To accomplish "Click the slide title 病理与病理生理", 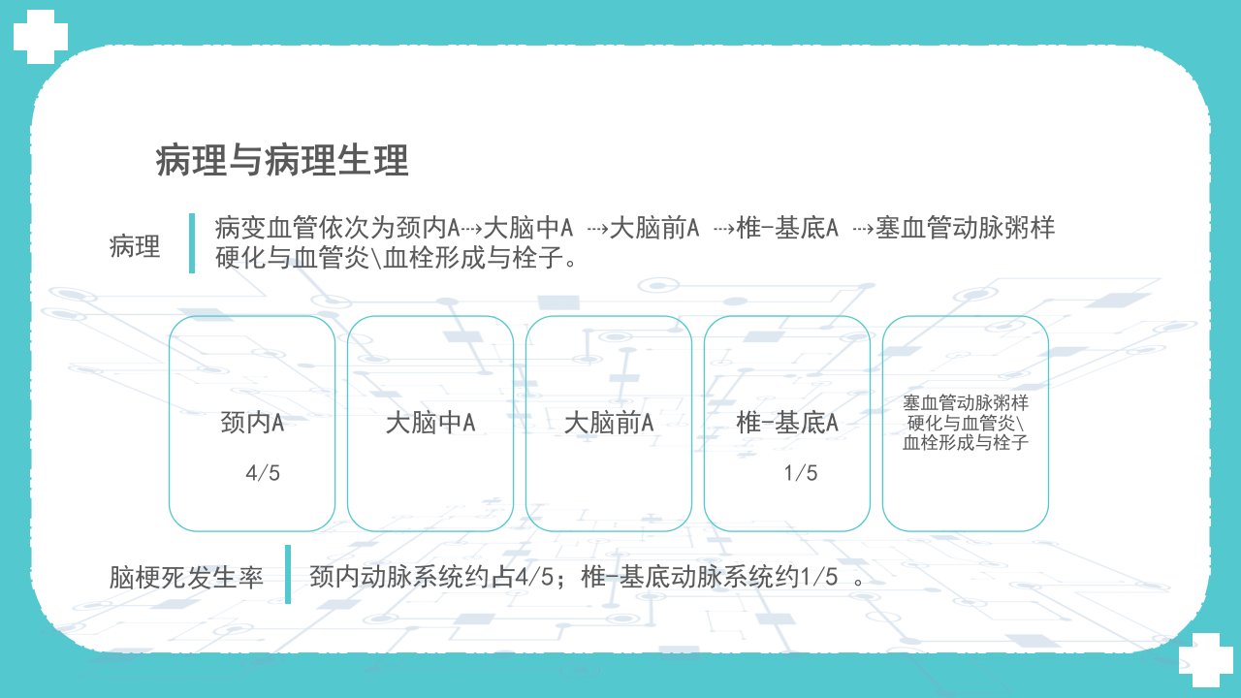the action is (x=282, y=161).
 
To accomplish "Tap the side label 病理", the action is (x=135, y=246).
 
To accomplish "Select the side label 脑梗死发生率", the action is (x=186, y=577).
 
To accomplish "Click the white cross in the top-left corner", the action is (x=41, y=37).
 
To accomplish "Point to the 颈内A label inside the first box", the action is (x=253, y=423).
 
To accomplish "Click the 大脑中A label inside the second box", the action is (x=430, y=423).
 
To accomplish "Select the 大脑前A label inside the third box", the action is (x=609, y=423).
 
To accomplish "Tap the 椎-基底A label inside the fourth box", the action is (x=787, y=423).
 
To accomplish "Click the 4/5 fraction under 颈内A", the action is (x=263, y=473).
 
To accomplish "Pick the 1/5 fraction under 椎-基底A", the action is (x=801, y=473).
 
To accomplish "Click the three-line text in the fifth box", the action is (x=966, y=423).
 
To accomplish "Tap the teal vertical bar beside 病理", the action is (x=192, y=243).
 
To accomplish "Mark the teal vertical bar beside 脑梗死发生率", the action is (x=288, y=575).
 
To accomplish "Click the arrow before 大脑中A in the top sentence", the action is (x=471, y=228).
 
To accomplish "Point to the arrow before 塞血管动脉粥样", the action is (x=864, y=228).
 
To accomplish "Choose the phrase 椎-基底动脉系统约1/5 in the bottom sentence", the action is (x=709, y=577).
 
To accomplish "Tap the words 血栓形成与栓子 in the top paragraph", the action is (x=473, y=258).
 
